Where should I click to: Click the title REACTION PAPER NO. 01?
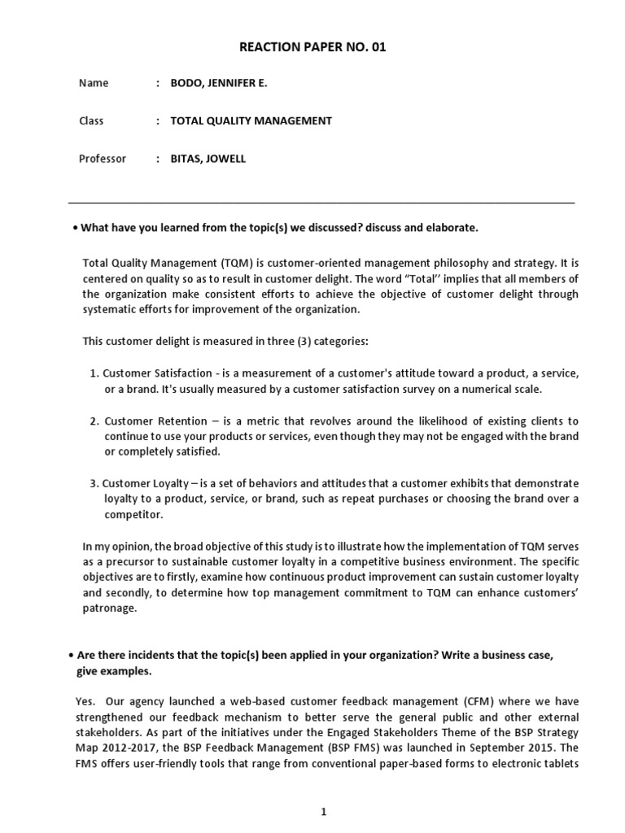point(312,48)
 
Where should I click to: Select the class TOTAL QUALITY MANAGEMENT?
point(251,120)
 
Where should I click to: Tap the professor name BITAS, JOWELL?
point(208,159)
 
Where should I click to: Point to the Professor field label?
point(103,159)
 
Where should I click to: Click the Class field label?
point(91,120)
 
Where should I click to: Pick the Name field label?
point(94,83)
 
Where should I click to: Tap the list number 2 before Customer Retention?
point(94,421)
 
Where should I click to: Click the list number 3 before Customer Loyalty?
point(94,483)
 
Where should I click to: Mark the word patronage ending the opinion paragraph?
point(109,607)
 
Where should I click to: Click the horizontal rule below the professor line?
point(321,202)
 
